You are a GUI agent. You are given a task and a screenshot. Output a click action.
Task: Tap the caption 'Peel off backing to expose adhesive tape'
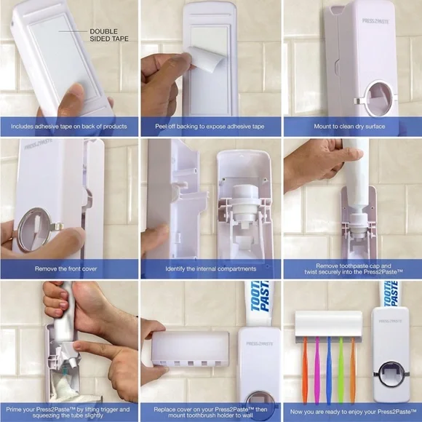[209, 127]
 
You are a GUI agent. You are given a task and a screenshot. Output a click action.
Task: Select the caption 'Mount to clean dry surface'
[351, 127]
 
